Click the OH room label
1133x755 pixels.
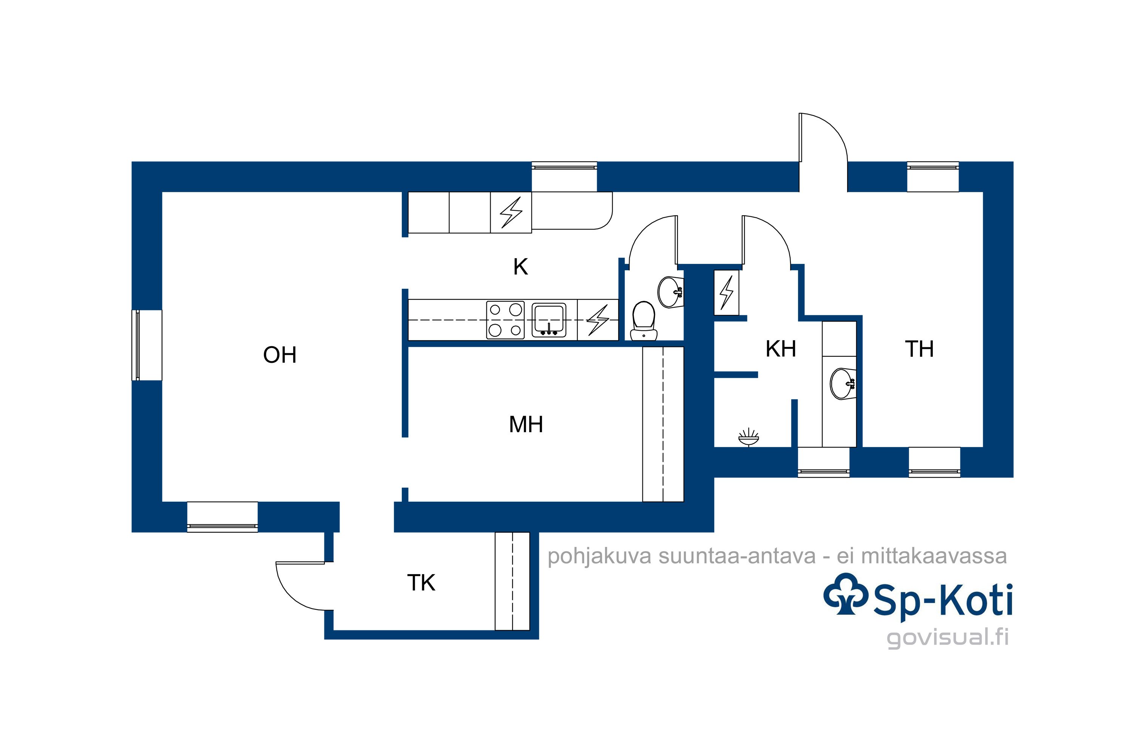tap(279, 355)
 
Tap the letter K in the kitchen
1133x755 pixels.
tap(520, 267)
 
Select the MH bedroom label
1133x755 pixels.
tap(526, 425)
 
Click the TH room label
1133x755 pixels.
tap(919, 349)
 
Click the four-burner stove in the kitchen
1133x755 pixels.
tap(505, 320)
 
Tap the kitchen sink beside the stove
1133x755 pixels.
tap(549, 320)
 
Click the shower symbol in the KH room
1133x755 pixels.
tap(749, 437)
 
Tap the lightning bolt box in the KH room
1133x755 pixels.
tap(726, 293)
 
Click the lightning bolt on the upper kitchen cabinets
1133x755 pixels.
tap(511, 212)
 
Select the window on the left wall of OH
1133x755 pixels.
tap(147, 345)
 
